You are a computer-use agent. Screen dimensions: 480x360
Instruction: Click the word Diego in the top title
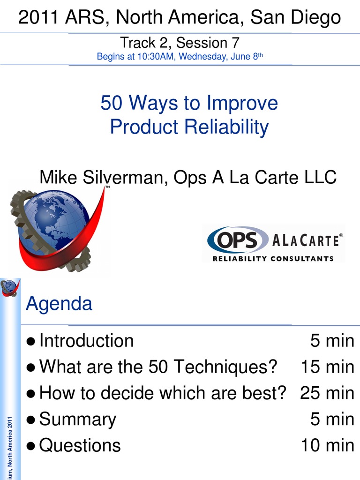click(315, 18)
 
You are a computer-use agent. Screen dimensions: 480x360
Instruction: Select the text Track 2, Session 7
click(180, 43)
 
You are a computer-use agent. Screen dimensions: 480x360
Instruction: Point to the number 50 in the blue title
click(111, 103)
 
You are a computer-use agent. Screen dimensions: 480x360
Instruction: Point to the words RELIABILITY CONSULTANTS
click(273, 258)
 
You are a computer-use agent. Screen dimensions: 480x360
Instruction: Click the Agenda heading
click(59, 304)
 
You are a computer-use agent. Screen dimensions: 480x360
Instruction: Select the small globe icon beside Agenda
click(9, 287)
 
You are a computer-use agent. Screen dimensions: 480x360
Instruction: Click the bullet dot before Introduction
click(31, 341)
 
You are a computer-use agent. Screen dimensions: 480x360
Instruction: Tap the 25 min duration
click(327, 393)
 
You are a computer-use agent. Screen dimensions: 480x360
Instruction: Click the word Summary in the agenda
click(78, 419)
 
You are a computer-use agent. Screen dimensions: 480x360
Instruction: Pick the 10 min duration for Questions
click(327, 445)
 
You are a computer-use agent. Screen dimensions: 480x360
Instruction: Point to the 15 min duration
click(327, 367)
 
